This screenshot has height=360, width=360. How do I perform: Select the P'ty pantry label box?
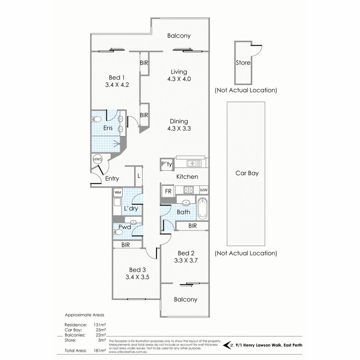[166, 164]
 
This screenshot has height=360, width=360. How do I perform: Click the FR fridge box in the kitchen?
[168, 191]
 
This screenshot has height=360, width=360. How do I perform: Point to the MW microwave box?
[203, 190]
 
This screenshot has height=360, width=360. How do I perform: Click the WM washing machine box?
[118, 192]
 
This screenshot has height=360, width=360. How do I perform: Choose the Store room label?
[243, 63]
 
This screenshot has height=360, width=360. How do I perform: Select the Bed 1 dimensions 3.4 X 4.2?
[116, 84]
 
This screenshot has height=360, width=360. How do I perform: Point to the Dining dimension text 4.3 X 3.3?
[179, 129]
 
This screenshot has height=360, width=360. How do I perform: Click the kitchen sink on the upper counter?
[194, 163]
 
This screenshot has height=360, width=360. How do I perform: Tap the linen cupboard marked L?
[138, 176]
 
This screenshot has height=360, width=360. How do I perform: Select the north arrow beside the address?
[229, 344]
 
